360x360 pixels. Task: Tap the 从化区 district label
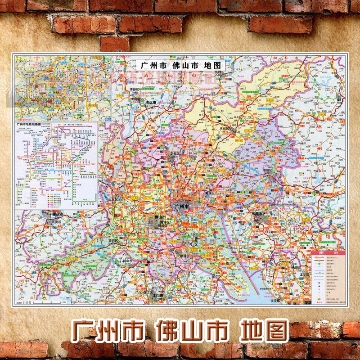pyautogui.click(x=224, y=128)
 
